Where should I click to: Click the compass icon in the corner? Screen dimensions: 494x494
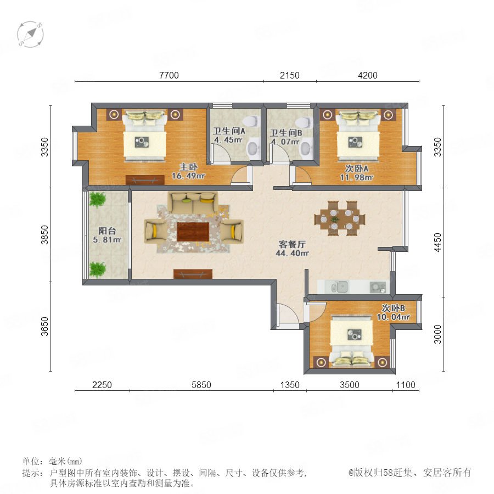click(30, 35)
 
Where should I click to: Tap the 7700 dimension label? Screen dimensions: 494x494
click(169, 75)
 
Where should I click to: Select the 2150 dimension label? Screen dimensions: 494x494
click(289, 75)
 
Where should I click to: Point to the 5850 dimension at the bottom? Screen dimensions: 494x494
click(201, 385)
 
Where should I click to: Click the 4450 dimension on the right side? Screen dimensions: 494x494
click(437, 242)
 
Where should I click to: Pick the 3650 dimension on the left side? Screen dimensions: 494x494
click(45, 327)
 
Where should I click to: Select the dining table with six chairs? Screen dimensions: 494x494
click(340, 218)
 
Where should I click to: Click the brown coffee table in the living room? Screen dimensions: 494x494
click(193, 232)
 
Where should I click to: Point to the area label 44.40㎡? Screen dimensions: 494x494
click(292, 253)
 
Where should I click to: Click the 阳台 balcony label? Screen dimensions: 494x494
click(107, 231)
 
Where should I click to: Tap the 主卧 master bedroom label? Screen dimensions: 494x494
click(188, 167)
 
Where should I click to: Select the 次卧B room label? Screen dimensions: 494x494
click(393, 308)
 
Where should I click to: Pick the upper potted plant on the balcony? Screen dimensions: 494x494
click(97, 199)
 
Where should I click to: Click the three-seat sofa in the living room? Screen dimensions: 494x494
click(193, 202)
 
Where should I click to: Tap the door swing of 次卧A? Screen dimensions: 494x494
click(302, 175)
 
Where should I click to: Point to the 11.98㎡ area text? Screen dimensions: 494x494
click(356, 177)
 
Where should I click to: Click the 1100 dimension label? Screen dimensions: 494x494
click(406, 385)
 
